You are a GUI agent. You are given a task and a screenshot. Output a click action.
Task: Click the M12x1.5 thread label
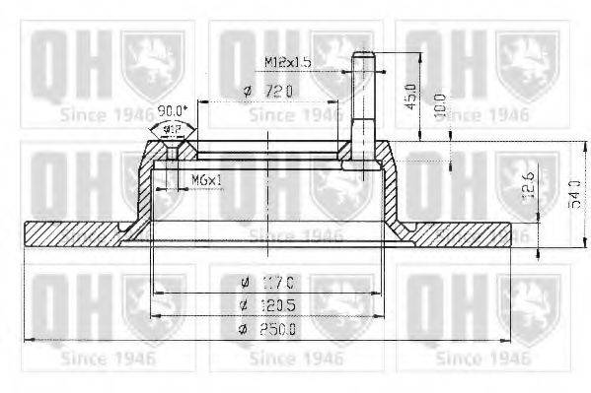(289, 62)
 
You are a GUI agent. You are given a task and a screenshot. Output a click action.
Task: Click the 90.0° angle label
(172, 110)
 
